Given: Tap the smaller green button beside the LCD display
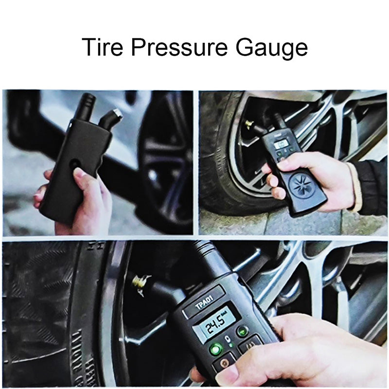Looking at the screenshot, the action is click(x=242, y=331).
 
